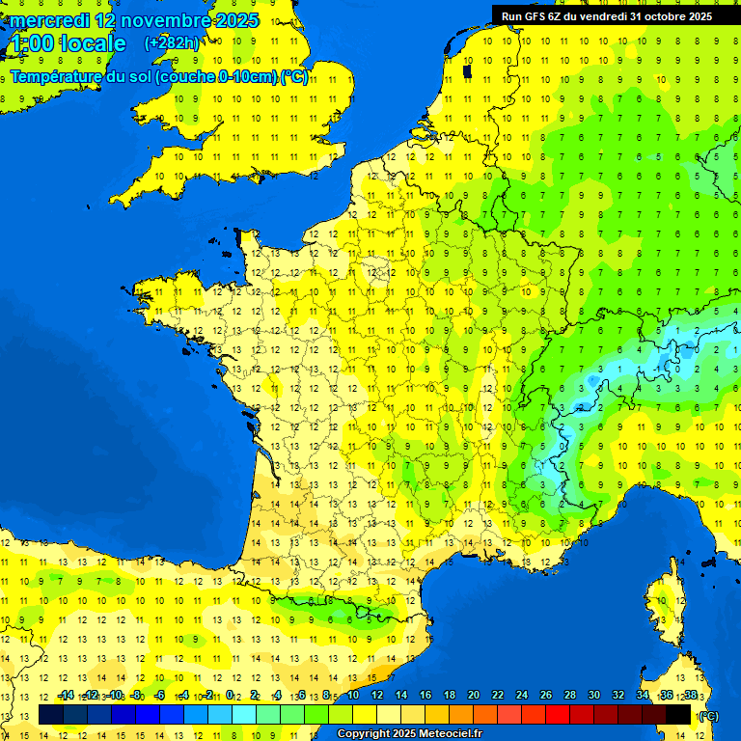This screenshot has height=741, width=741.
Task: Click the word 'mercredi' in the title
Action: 49,20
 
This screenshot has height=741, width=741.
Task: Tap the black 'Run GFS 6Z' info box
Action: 606,15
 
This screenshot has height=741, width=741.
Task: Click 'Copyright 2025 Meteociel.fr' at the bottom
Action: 409,733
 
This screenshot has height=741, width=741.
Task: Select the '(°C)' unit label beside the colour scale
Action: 707,715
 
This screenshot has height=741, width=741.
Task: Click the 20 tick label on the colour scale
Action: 473,696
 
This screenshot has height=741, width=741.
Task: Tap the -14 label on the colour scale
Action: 65,696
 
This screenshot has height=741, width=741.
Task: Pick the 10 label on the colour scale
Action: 352,696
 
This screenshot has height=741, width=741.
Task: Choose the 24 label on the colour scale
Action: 521,696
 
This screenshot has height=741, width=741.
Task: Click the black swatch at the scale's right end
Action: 678,714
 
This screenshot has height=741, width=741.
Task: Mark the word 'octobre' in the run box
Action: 662,16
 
